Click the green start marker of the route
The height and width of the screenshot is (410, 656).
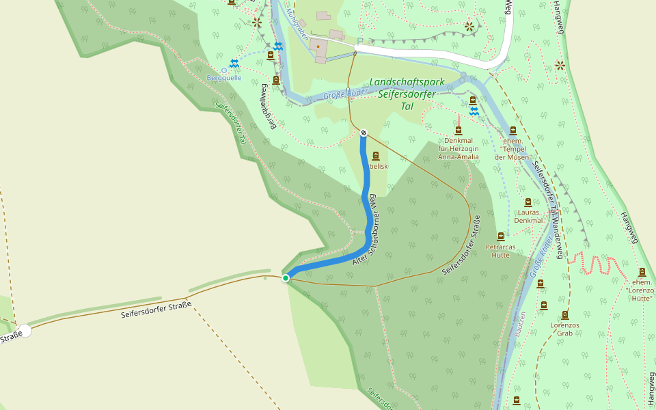click(286, 277)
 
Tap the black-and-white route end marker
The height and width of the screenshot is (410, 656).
click(364, 133)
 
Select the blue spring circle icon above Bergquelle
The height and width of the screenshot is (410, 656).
click(223, 70)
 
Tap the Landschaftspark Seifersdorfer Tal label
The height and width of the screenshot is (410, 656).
click(407, 94)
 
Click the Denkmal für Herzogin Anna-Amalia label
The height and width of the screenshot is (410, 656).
click(458, 148)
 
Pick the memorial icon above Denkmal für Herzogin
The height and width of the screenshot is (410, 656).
click(458, 131)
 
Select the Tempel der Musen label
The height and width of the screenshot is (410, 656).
click(514, 148)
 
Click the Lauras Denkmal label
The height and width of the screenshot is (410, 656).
click(528, 217)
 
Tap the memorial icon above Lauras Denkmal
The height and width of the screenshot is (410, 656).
click(528, 203)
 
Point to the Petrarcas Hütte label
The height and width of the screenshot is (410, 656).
click(501, 251)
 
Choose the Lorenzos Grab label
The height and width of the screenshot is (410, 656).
click(565, 329)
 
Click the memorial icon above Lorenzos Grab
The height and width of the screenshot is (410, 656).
click(565, 315)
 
